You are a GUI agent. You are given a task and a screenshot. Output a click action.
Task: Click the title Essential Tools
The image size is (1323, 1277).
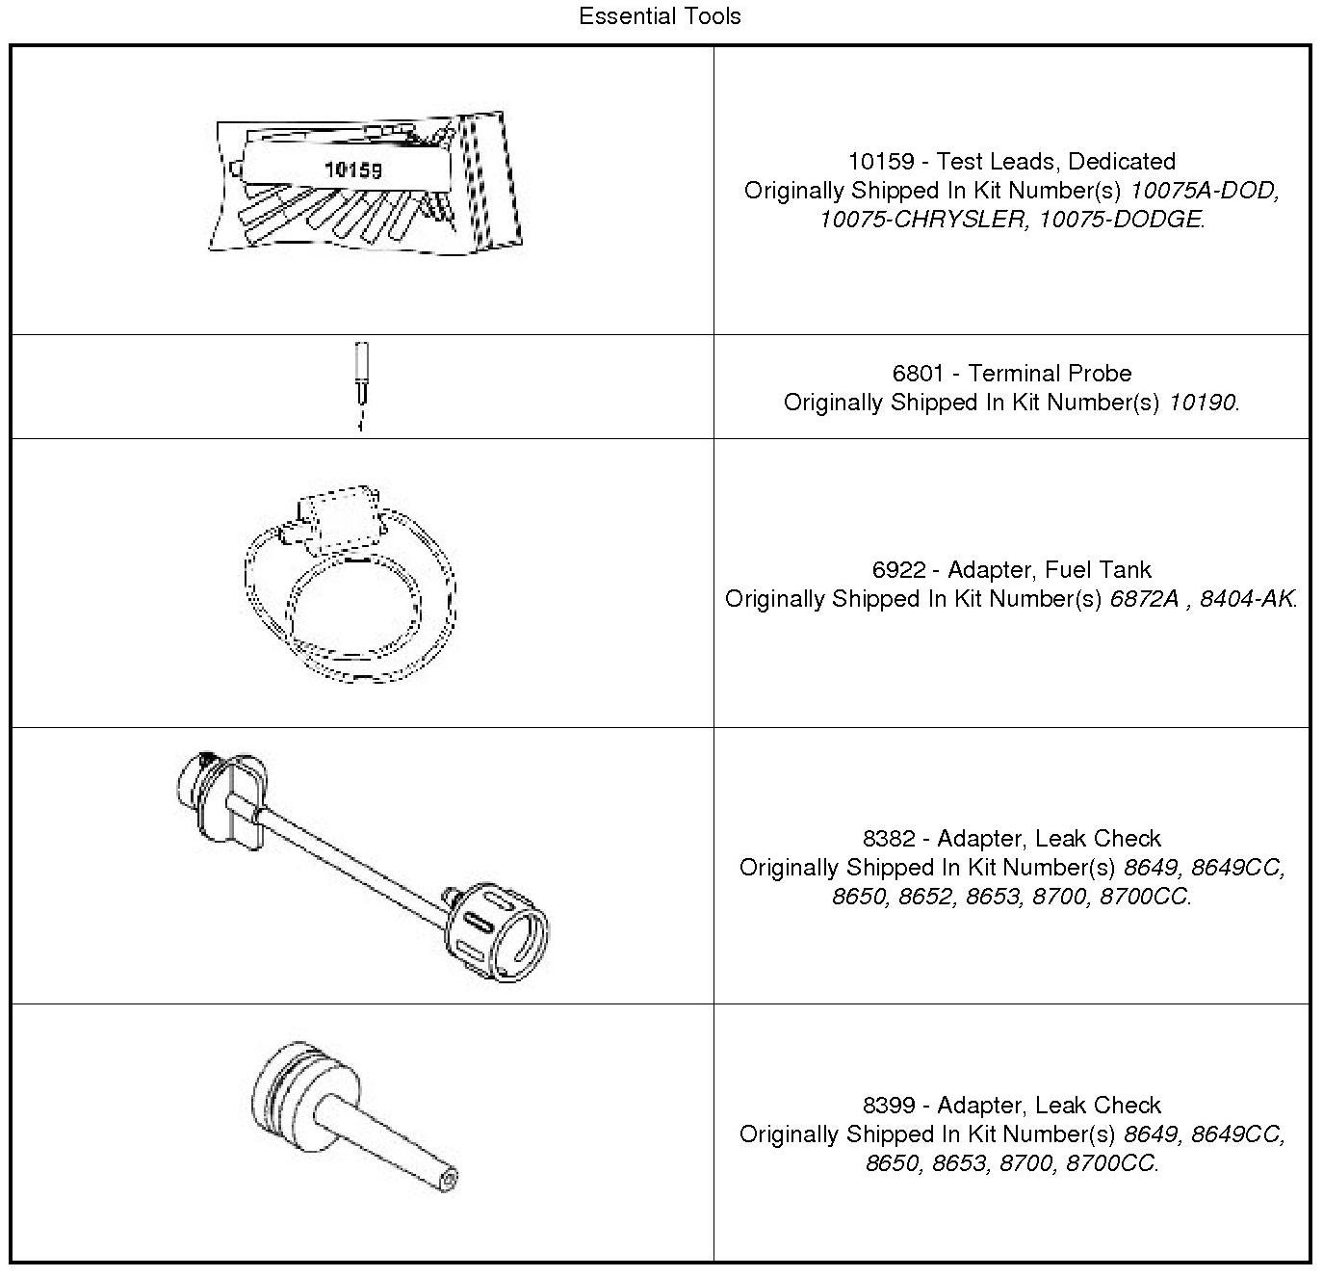point(660,16)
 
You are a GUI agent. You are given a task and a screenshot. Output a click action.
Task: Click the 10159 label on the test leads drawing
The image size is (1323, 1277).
point(352,169)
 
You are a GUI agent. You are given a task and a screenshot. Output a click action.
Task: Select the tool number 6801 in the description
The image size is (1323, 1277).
point(918,374)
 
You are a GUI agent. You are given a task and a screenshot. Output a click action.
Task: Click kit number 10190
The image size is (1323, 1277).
point(1201,403)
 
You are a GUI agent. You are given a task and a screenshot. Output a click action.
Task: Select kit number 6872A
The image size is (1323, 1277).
point(1144,599)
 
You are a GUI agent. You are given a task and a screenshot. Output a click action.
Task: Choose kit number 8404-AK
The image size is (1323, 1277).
point(1246,599)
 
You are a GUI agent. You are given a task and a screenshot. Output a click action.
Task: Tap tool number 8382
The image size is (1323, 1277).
point(889,839)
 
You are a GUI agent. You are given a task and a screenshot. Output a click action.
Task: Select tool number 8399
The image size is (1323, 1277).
point(889,1106)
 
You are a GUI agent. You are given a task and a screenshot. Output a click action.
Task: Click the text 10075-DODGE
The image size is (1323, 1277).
point(1120,220)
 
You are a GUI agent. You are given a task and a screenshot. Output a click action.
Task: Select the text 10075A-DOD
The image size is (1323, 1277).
point(1203,191)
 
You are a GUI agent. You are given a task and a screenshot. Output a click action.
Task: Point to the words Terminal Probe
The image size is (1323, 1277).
point(1050,374)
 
